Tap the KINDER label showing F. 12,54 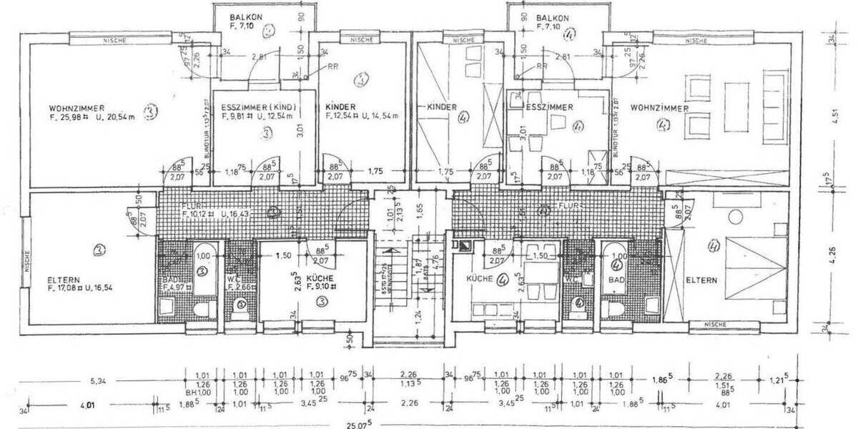(x=340, y=107)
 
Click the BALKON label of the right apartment (x=551, y=17)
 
